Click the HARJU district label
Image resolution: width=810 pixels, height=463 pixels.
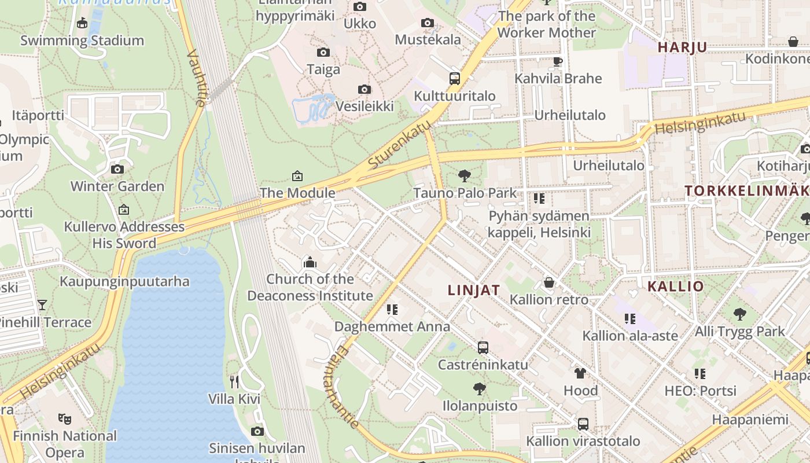[x=682, y=47]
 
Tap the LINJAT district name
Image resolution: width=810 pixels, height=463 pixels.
[x=474, y=291]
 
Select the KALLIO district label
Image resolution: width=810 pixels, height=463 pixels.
[x=675, y=286]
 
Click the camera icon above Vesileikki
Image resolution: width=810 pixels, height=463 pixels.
[x=364, y=89]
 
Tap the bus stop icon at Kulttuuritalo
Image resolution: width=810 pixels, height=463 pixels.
[x=455, y=79]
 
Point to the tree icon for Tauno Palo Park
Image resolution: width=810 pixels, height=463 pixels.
[x=464, y=175]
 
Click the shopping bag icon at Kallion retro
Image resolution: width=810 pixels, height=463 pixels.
[x=548, y=282]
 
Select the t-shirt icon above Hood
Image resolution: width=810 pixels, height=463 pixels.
[x=580, y=373]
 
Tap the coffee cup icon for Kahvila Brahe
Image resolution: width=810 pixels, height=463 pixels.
[x=558, y=61]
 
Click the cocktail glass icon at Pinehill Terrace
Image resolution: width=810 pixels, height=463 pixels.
[x=42, y=304]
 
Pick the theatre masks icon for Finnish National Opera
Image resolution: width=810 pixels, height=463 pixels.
[x=64, y=418]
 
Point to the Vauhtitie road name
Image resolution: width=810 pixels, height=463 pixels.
[x=197, y=78]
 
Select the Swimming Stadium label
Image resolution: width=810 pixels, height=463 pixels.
[x=82, y=41]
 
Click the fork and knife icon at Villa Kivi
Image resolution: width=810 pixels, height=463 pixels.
[x=234, y=381]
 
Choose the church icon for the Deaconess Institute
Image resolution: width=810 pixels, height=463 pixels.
[x=310, y=263]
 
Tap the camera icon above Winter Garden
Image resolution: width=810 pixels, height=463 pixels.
[x=117, y=170]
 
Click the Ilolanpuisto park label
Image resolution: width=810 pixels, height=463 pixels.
[x=480, y=406]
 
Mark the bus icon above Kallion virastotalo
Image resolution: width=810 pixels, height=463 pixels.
[x=583, y=424]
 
